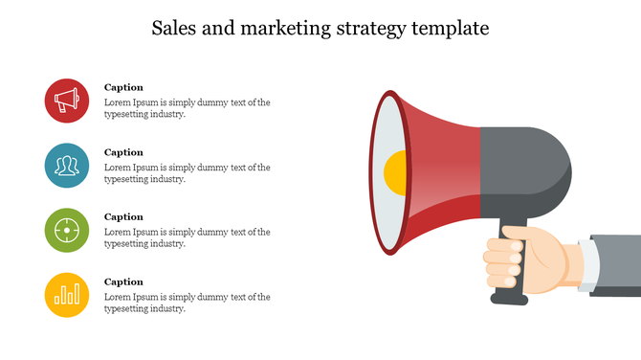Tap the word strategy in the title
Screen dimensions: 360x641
click(x=368, y=29)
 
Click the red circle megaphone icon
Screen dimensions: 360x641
click(x=67, y=101)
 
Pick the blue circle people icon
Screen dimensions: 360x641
click(x=67, y=166)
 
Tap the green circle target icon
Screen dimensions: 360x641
click(x=67, y=230)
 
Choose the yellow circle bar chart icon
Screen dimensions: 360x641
click(x=67, y=294)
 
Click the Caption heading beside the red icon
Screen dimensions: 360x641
click(x=123, y=87)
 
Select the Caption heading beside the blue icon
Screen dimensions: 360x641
click(x=123, y=152)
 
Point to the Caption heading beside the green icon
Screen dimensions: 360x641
click(x=123, y=216)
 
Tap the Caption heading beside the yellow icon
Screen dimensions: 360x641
click(x=123, y=281)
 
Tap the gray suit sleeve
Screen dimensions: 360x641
click(x=620, y=259)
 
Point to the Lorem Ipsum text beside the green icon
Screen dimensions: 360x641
click(x=187, y=237)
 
